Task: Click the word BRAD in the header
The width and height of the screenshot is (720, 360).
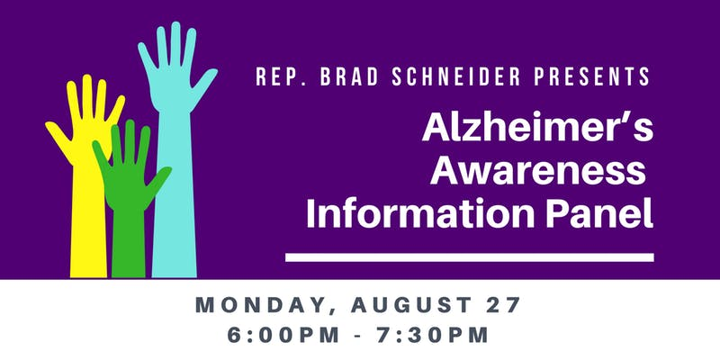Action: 349,76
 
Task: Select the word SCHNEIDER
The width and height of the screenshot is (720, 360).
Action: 456,76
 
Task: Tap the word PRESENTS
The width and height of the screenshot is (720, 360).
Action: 592,76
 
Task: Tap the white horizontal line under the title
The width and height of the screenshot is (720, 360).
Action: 469,257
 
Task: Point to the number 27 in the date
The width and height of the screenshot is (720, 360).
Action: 504,305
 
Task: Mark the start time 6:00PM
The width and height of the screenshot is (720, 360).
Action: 283,335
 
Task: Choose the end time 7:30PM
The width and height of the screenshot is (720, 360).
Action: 433,335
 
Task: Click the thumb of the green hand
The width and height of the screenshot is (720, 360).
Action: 159,181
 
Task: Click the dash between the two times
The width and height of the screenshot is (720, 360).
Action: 357,337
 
